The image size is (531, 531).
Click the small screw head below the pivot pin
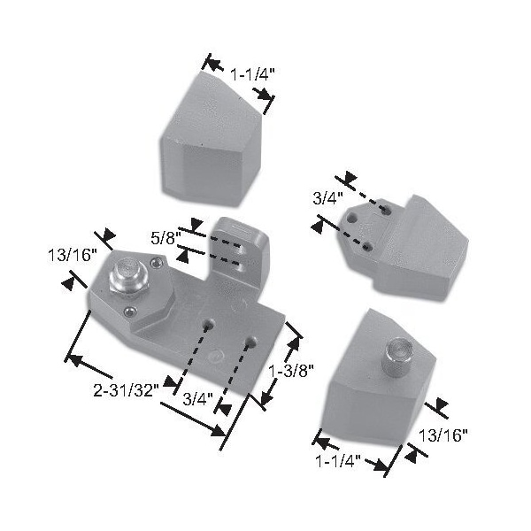(130, 310)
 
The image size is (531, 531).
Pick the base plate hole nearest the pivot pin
(210, 325)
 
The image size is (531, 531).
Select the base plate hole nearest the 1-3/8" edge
(252, 340)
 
